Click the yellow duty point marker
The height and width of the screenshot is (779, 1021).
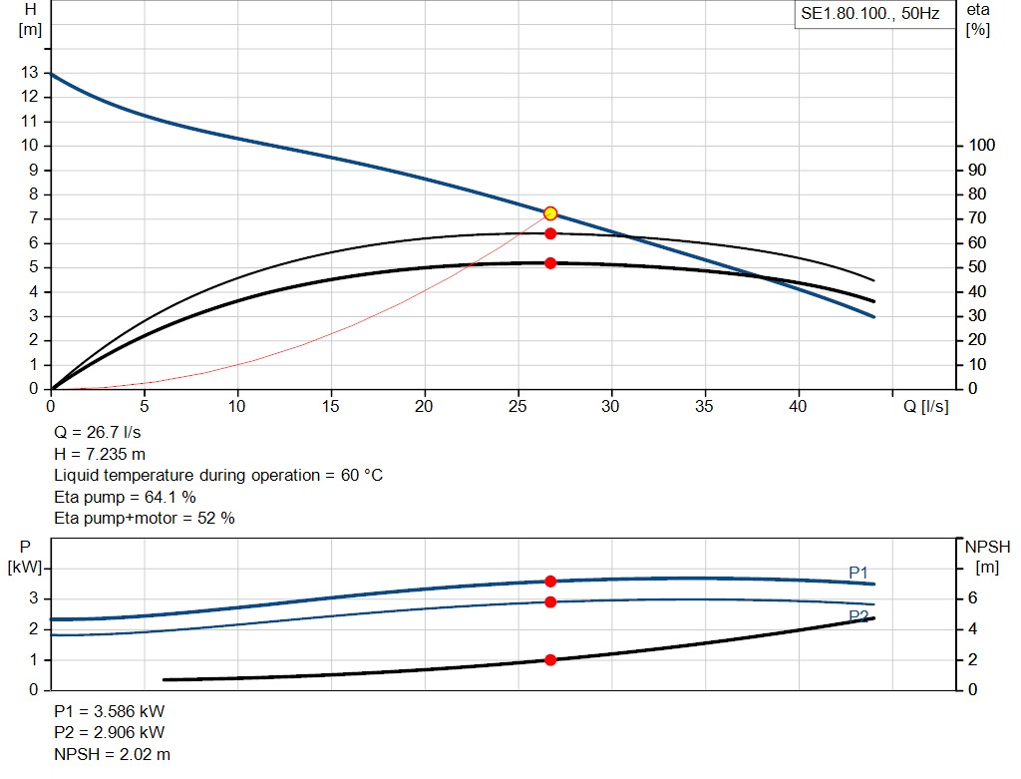[550, 213]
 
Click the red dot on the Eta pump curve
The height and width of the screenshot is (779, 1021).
[550, 233]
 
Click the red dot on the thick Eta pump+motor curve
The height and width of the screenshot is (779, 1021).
[550, 263]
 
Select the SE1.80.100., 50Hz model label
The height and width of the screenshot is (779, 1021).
[870, 15]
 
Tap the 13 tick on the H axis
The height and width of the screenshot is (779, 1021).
[30, 73]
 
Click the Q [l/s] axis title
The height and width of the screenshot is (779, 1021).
[926, 406]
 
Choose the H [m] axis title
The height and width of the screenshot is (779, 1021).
[30, 19]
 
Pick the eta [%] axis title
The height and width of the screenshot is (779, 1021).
[977, 19]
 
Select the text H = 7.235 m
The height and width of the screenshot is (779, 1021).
[100, 454]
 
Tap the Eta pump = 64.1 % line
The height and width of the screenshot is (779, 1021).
[125, 497]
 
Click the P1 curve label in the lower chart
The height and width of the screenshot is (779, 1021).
[858, 572]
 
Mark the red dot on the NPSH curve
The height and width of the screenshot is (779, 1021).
[550, 660]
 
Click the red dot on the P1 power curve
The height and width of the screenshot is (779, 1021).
[550, 582]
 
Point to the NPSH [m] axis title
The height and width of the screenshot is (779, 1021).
[987, 557]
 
